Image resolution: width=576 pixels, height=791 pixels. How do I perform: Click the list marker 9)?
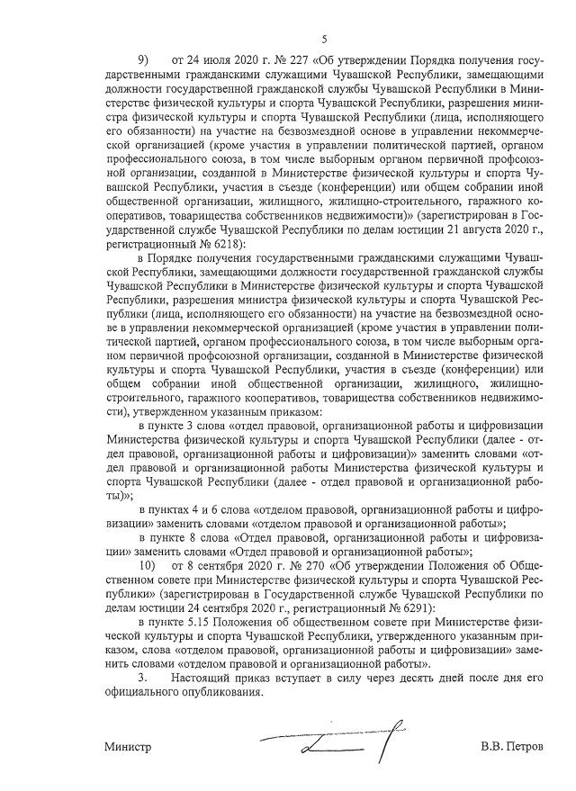click(x=142, y=60)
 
